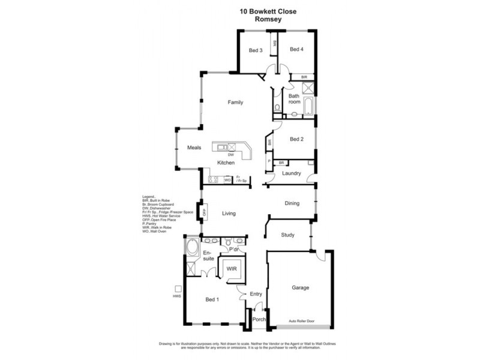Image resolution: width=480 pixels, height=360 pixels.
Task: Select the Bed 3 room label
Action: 256,50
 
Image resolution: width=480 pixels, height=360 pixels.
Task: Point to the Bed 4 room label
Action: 296,50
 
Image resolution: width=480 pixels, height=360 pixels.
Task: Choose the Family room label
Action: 235,103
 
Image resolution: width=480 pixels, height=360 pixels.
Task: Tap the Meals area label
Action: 194,148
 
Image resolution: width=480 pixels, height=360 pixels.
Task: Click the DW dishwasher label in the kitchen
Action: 230,155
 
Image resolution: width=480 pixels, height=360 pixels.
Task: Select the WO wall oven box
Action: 227,179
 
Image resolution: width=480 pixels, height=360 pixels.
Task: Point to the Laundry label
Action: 291,173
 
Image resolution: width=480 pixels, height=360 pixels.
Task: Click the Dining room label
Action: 292,204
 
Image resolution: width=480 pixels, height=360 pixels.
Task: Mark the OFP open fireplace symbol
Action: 205,212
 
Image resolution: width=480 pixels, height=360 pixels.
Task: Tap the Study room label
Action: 288,235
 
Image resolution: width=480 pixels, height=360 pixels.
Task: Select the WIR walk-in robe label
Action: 232,269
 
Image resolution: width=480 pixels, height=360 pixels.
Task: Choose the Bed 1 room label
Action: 213,299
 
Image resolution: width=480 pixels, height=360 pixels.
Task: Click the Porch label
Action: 259,320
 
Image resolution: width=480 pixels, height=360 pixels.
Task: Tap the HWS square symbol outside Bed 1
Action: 178,289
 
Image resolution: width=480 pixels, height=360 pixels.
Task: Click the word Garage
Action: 301,288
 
